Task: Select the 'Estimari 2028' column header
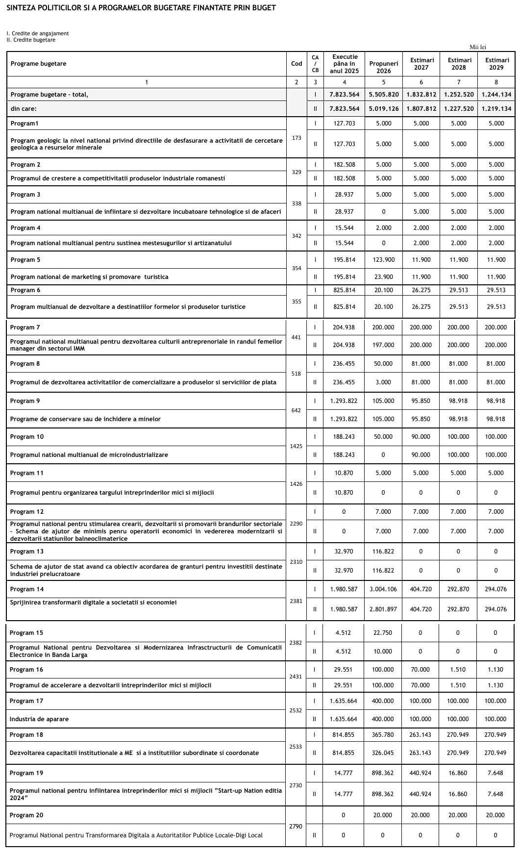[x=459, y=64]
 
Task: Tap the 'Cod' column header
[x=297, y=64]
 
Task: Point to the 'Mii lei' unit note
[x=477, y=47]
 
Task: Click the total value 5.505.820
[x=384, y=95]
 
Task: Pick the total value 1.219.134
[x=496, y=109]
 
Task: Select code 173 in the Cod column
[x=297, y=138]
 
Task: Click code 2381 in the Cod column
[x=296, y=601]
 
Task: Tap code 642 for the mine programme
[x=296, y=410]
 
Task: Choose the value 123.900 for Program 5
[x=384, y=260]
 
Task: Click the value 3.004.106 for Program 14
[x=384, y=589]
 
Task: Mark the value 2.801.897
[x=384, y=609]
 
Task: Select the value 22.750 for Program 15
[x=383, y=633]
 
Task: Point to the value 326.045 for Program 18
[x=383, y=753]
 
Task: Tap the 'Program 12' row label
[x=27, y=512]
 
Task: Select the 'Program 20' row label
[x=26, y=815]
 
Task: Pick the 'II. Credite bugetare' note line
[x=31, y=40]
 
